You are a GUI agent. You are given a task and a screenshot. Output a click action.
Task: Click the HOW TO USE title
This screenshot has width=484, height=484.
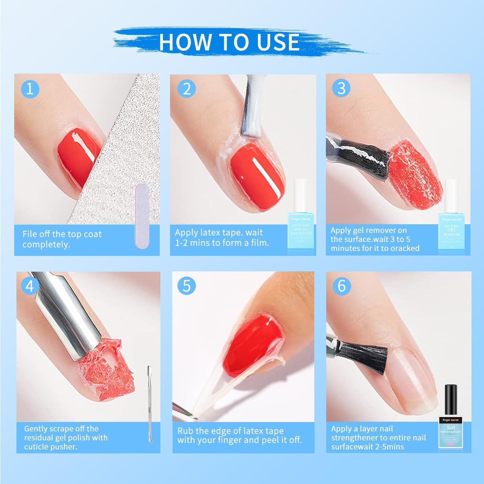tap(229, 42)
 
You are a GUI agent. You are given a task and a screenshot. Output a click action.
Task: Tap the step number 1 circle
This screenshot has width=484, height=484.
tap(30, 88)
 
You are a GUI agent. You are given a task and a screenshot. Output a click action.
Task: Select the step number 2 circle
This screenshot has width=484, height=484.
tap(187, 89)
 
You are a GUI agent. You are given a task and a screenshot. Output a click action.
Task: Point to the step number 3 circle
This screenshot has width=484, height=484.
tap(341, 88)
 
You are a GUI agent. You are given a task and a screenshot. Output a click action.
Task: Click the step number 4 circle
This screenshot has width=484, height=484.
tap(30, 286)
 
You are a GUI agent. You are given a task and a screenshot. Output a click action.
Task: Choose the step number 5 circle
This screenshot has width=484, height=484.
tap(187, 286)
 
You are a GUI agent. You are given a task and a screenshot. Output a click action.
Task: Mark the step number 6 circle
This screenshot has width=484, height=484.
tap(341, 286)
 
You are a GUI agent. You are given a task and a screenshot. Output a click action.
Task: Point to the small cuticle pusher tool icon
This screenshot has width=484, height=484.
tap(149, 405)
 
